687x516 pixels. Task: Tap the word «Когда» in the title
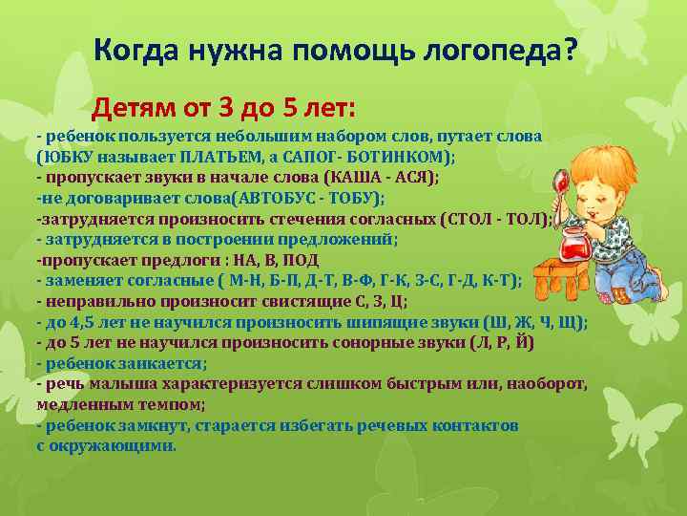click(x=131, y=49)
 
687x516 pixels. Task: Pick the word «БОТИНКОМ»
click(x=400, y=157)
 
